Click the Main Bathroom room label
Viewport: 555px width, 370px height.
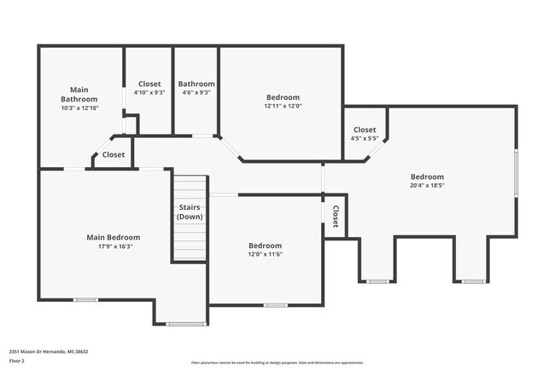click(79, 94)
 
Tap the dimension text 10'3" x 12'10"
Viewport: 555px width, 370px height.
click(79, 108)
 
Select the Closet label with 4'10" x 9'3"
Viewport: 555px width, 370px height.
click(149, 84)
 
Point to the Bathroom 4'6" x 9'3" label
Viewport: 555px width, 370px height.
click(196, 84)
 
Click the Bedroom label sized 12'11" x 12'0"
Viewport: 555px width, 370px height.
click(283, 97)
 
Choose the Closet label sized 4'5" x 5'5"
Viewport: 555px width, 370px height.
click(365, 130)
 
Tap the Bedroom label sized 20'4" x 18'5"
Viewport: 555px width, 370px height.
click(428, 176)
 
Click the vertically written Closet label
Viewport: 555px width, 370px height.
click(336, 217)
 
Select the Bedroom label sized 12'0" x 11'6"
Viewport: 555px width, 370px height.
click(265, 246)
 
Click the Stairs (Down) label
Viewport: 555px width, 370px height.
click(190, 212)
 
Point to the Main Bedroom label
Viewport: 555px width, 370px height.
click(113, 237)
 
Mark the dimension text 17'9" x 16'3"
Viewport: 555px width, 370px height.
click(113, 246)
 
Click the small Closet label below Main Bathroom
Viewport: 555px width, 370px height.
click(114, 155)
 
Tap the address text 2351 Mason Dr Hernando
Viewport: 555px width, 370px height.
click(49, 351)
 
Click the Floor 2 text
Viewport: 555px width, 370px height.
click(17, 361)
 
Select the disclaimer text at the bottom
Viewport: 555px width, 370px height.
click(277, 362)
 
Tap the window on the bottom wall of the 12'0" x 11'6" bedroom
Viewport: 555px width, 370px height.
click(274, 304)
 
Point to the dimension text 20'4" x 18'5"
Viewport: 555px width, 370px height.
click(428, 185)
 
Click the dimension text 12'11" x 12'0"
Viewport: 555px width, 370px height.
click(283, 107)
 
